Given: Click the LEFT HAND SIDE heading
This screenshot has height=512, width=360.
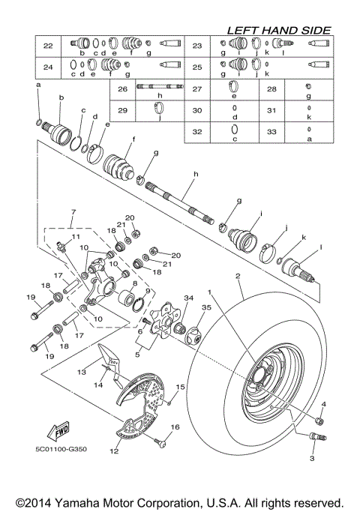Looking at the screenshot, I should (278, 30).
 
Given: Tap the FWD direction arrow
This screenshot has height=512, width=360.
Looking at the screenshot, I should (57, 432).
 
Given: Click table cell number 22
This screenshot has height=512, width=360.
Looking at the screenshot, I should (48, 46).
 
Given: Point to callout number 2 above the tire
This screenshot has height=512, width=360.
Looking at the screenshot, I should (238, 277).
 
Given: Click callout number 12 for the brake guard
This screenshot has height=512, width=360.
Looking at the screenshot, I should (114, 451).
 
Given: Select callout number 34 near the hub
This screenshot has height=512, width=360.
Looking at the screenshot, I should (188, 298).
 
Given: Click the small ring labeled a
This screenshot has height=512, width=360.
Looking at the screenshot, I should (37, 121).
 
